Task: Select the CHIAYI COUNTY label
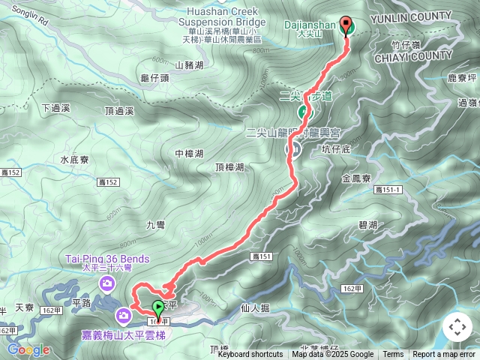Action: [430, 55]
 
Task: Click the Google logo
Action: [28, 349]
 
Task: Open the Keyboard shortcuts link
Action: [250, 355]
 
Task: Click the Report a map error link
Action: [445, 355]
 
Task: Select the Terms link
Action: [393, 355]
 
